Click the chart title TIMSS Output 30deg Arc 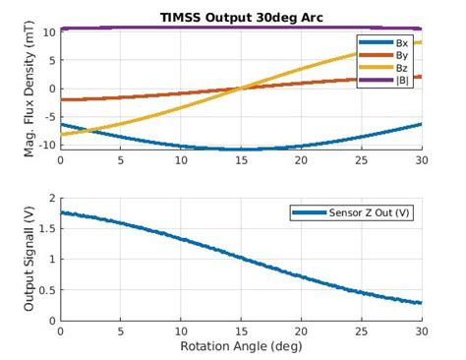pos(242,17)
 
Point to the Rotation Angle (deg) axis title pos(242,347)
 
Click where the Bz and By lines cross pos(242,89)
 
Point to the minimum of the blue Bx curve pos(242,149)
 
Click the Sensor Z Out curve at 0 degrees pos(62,212)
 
